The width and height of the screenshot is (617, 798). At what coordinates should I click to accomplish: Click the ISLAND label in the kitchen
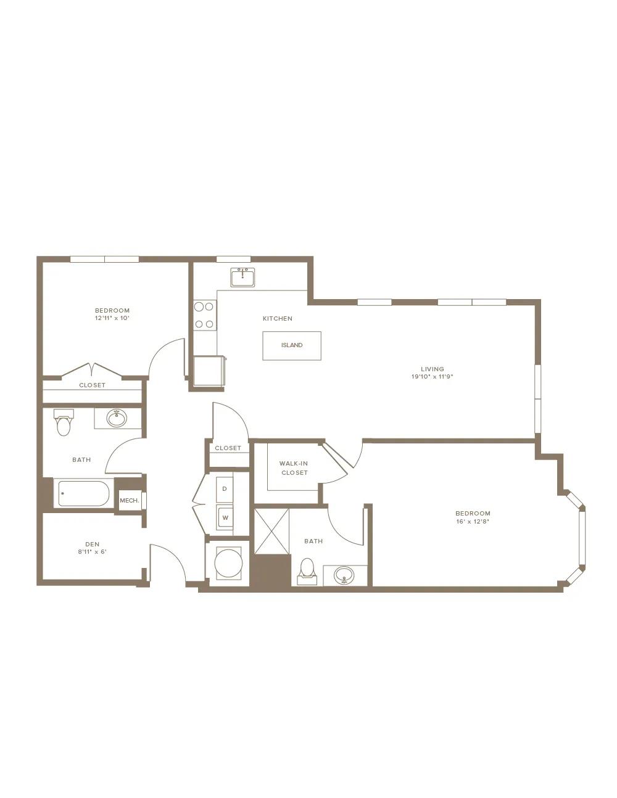[292, 345]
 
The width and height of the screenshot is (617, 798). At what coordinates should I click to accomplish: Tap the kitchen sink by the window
[242, 278]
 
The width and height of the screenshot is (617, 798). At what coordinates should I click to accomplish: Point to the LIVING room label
[433, 369]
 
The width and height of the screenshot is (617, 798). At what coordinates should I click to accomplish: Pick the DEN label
[92, 544]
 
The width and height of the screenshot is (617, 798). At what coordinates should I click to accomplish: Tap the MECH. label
[130, 500]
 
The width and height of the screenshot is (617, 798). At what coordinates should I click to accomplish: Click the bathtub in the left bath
[84, 493]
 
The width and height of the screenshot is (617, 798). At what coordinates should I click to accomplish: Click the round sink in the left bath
[117, 418]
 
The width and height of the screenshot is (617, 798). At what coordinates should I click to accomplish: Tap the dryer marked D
[225, 489]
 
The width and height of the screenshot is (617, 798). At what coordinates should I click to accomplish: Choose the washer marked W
[225, 517]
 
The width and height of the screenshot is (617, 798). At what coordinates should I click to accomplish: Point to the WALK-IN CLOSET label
[294, 468]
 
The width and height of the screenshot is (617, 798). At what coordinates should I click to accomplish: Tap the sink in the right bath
[344, 574]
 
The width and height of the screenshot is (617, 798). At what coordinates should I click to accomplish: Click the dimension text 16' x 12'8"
[473, 522]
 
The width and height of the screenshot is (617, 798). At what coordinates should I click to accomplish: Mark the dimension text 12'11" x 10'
[112, 318]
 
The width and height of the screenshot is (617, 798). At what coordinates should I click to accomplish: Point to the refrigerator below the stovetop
[209, 371]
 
